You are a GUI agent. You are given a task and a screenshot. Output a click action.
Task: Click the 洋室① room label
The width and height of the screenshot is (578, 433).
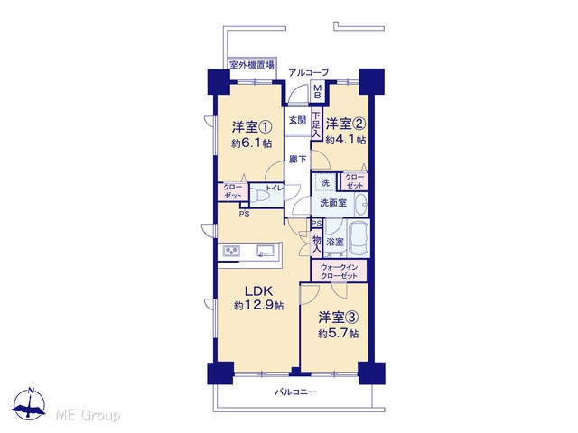252,127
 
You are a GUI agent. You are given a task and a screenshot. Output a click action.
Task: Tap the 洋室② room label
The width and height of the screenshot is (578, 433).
345,124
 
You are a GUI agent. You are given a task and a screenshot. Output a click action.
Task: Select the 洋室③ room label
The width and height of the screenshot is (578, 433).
339,317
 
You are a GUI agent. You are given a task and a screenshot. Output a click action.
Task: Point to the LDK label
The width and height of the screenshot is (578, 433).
259,291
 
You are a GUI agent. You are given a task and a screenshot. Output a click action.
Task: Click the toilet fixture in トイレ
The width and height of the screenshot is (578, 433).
258,195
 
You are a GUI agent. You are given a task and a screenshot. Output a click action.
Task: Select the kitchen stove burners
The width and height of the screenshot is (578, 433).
231,251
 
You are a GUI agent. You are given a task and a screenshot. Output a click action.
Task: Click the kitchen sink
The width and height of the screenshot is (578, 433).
265,251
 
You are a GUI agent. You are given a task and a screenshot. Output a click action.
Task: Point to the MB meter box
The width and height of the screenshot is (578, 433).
317,91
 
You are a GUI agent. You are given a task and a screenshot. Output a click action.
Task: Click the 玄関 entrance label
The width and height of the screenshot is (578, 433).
297,120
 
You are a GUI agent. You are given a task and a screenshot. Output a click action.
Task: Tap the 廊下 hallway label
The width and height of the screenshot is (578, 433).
297,159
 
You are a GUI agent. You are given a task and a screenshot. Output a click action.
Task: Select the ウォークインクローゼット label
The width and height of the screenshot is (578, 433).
339,272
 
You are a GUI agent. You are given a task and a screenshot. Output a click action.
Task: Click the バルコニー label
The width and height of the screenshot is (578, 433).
295,392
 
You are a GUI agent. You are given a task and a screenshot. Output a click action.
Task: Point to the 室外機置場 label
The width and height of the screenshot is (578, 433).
252,65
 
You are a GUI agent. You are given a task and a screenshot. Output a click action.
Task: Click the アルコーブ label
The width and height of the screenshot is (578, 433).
308,72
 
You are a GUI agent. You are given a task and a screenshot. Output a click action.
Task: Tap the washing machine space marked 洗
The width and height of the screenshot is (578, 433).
325,182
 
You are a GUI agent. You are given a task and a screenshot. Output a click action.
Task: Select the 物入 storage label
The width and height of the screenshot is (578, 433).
317,244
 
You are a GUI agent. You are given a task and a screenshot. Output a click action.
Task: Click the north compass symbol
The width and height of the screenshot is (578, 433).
29,404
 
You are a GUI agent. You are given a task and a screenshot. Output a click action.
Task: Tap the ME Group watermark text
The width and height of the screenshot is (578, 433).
88,416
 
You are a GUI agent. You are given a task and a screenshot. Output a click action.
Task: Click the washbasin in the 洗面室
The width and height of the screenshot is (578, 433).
361,203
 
